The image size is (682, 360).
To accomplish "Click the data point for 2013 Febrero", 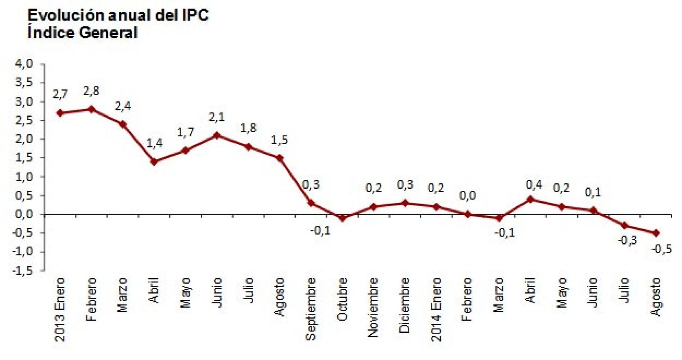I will point(91,109).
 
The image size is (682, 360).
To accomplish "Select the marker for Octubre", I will point(342,218).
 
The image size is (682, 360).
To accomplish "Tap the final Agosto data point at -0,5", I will point(656,233).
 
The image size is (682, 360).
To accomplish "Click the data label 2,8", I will point(91,91).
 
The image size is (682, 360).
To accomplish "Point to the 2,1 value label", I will point(217,117).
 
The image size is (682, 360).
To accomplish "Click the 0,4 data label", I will point(534,184).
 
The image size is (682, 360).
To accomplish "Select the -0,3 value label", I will point(627,240).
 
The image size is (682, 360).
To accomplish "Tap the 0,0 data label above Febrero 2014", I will point(467,196).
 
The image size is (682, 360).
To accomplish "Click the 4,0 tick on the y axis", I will point(24,64).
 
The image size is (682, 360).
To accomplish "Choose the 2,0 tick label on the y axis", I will point(24,139).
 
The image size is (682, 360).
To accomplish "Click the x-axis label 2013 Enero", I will point(60,309).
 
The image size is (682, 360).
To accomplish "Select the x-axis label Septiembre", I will point(311,309).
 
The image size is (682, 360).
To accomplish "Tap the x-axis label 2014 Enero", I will point(436,309).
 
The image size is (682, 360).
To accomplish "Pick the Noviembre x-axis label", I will point(373,307).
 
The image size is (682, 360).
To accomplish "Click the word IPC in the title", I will point(195,15).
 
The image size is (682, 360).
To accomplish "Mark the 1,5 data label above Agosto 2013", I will point(279,140).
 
